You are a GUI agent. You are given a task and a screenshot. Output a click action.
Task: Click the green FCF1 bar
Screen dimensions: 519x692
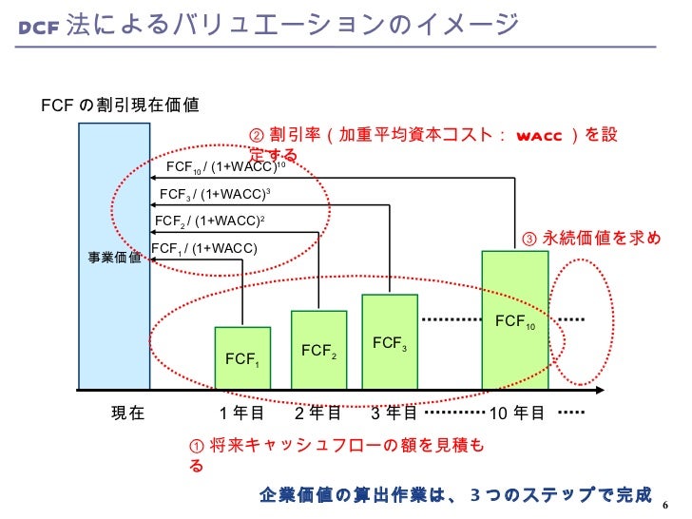point(242,358)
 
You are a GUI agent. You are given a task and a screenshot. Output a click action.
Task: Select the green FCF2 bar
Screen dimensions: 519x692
point(318,350)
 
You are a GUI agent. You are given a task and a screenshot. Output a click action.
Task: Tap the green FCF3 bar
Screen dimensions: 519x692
point(390,342)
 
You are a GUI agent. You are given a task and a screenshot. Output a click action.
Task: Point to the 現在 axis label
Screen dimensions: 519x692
point(127,413)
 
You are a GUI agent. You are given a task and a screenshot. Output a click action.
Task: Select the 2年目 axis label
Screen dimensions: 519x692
point(317,413)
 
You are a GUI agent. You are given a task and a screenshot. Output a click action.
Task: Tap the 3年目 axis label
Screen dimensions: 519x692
point(393,413)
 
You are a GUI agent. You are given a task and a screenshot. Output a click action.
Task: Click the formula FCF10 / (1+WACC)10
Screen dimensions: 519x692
point(226,167)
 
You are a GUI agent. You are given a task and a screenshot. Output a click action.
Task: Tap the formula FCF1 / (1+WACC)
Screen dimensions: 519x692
point(204,249)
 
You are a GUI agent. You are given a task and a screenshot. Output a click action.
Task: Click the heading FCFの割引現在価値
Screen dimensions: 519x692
point(120,105)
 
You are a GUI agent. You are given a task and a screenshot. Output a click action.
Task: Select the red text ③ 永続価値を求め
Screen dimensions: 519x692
point(590,238)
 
